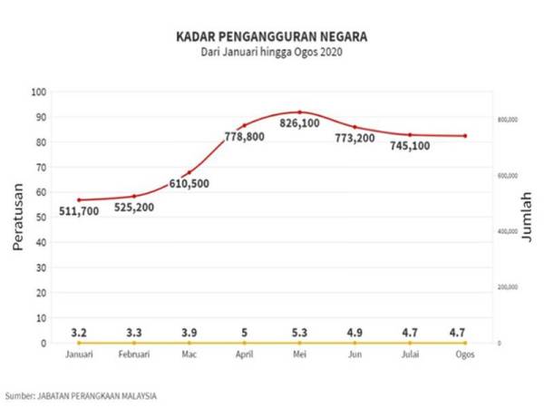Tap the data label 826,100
click(x=299, y=122)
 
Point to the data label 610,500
click(x=189, y=183)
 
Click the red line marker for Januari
click(x=79, y=199)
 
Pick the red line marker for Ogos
click(x=465, y=136)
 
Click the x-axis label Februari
click(x=133, y=355)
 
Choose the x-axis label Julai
click(x=410, y=355)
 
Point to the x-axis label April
click(x=244, y=355)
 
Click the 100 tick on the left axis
click(x=38, y=92)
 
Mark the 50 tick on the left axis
click(x=40, y=218)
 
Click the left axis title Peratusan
click(x=18, y=218)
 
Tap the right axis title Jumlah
click(x=528, y=218)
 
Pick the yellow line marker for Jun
click(x=355, y=343)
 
